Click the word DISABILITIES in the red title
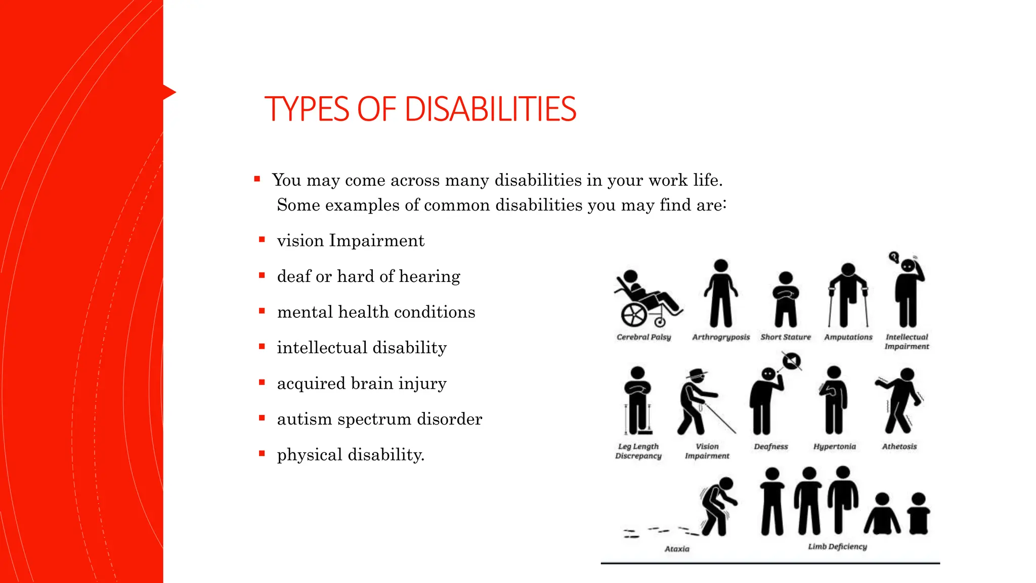click(x=490, y=109)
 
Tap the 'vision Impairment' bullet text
click(x=351, y=240)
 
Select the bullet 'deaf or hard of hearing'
click(x=368, y=276)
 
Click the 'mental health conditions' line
click(x=376, y=312)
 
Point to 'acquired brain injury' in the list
click(x=362, y=383)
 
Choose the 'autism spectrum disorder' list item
click(x=379, y=419)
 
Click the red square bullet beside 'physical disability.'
click(x=262, y=453)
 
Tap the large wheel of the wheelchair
click(x=633, y=315)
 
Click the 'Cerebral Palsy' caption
click(x=643, y=337)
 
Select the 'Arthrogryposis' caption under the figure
click(x=721, y=337)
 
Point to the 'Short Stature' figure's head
click(x=786, y=277)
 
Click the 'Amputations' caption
click(x=848, y=337)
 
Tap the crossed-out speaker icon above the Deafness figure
click(x=792, y=361)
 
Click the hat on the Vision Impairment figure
click(x=697, y=373)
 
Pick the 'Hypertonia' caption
click(x=835, y=446)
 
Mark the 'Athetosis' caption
click(x=899, y=446)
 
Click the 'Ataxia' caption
click(x=677, y=549)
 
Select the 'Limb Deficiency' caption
click(x=837, y=547)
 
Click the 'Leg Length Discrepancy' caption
click(x=638, y=451)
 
